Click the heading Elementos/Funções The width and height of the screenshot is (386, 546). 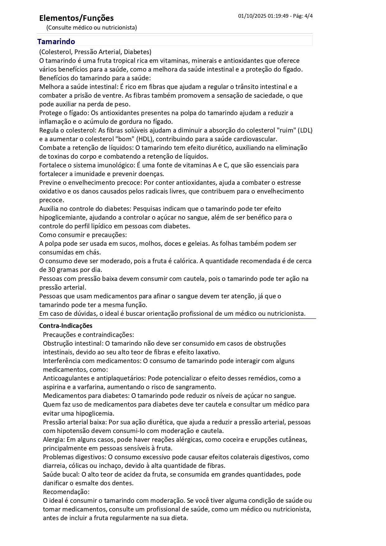pyautogui.click(x=76, y=18)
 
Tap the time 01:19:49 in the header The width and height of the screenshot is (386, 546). pyautogui.click(x=278, y=16)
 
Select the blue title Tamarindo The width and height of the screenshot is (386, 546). pyautogui.click(x=56, y=42)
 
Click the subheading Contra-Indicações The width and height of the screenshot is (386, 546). pyautogui.click(x=66, y=326)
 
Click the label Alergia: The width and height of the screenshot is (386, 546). pyautogui.click(x=54, y=440)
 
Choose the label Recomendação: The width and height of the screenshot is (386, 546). pyautogui.click(x=66, y=492)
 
